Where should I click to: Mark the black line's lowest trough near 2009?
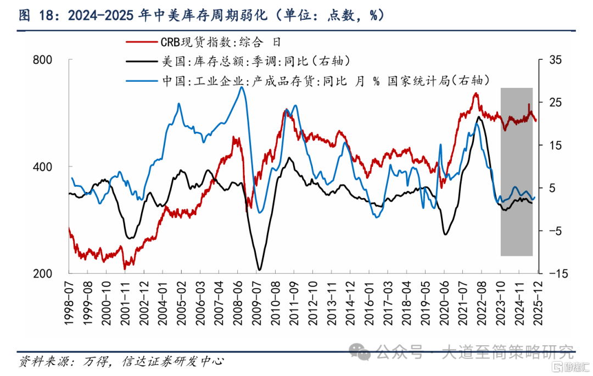(259, 270)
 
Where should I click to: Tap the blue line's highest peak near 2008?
(242, 87)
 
